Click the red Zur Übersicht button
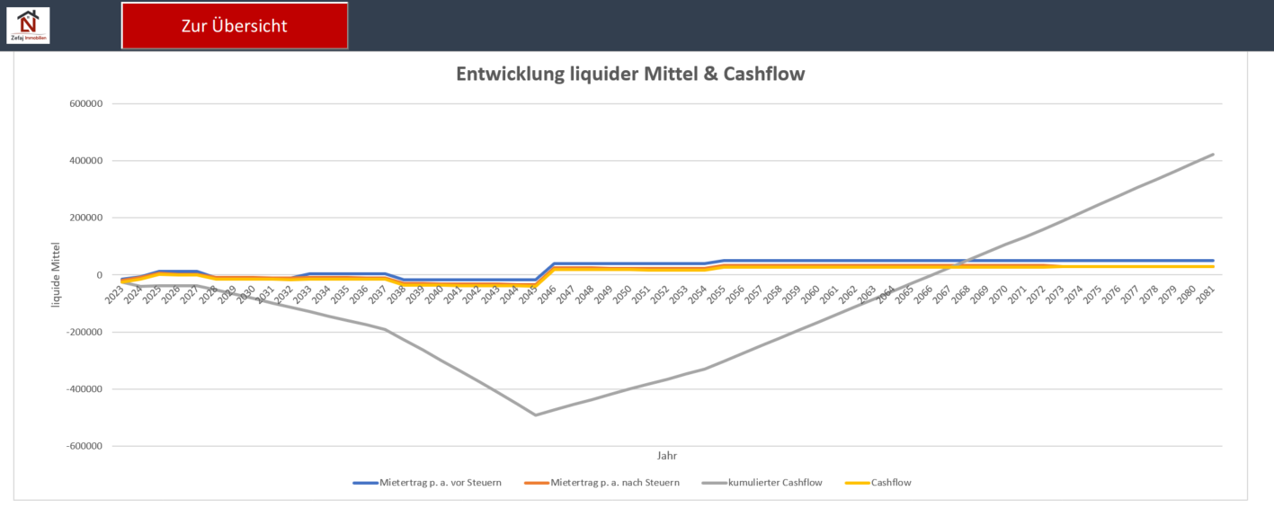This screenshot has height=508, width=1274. pyautogui.click(x=235, y=26)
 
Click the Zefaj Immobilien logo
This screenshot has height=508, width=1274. pyautogui.click(x=28, y=25)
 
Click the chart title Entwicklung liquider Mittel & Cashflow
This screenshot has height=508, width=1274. pyautogui.click(x=630, y=75)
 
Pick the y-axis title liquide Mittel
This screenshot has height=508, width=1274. pyautogui.click(x=57, y=274)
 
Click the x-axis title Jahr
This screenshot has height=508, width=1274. pyautogui.click(x=668, y=456)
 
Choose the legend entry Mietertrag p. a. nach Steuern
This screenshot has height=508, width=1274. pyautogui.click(x=615, y=483)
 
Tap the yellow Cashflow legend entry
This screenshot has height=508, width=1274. pyautogui.click(x=891, y=483)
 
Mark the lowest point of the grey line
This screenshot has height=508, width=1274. pyautogui.click(x=536, y=414)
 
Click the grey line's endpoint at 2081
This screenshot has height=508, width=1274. pyautogui.click(x=1213, y=155)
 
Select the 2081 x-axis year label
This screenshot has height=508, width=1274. pyautogui.click(x=1209, y=294)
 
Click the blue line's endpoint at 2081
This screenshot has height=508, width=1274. pyautogui.click(x=1213, y=261)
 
